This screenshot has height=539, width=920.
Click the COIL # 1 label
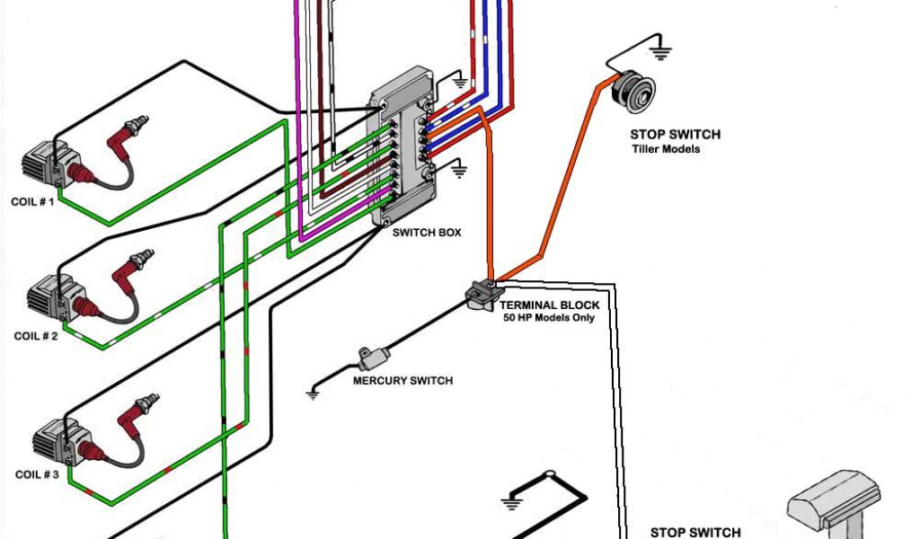point(33,202)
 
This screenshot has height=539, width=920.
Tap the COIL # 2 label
point(36,336)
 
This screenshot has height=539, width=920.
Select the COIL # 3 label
point(36,473)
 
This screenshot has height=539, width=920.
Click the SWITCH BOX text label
point(426,232)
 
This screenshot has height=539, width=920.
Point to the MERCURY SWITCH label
point(402,381)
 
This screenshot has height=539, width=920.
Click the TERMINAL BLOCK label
point(549,305)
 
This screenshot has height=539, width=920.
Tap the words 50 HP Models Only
point(549,318)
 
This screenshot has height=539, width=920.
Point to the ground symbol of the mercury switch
point(314,391)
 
